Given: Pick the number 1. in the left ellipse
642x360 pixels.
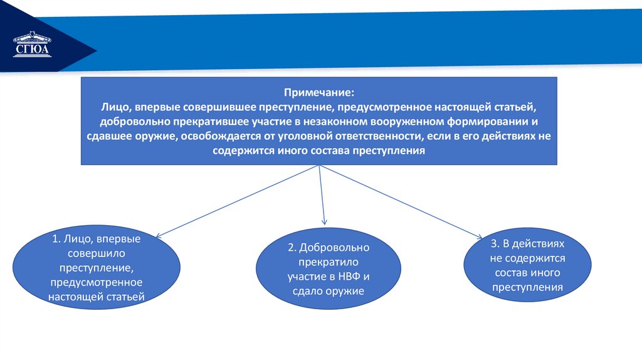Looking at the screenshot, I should pyautogui.click(x=57, y=239).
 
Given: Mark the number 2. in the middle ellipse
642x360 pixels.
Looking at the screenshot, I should pyautogui.click(x=292, y=248).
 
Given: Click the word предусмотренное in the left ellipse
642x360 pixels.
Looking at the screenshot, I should pyautogui.click(x=97, y=282).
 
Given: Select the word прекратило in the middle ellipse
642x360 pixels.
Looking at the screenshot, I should pyautogui.click(x=329, y=262).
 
